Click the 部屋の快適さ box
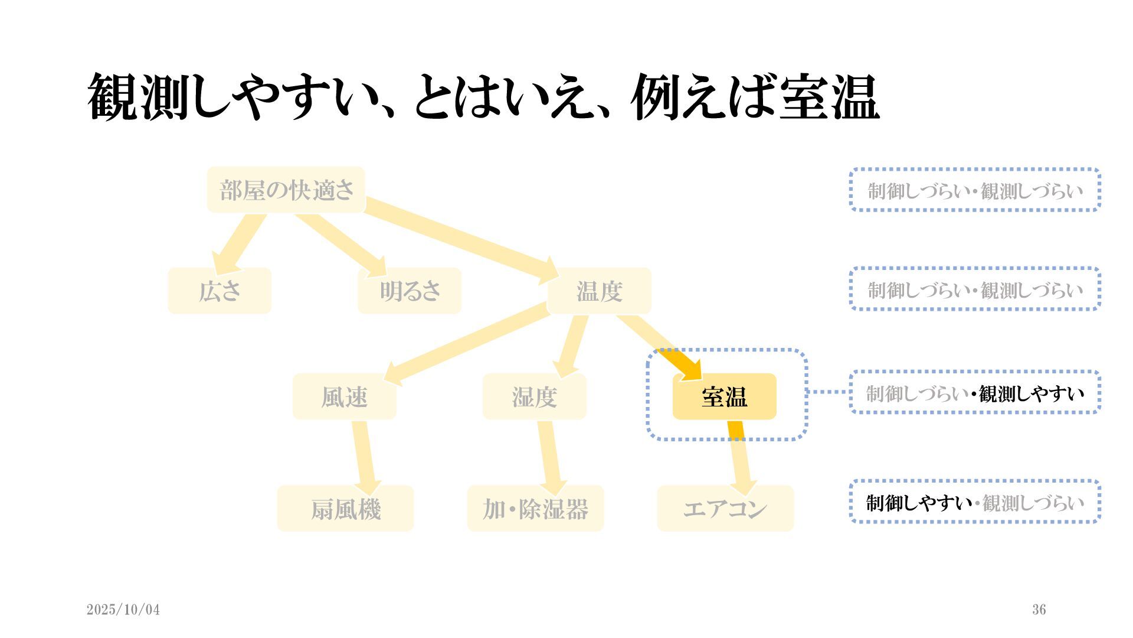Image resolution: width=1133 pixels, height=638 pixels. [286, 190]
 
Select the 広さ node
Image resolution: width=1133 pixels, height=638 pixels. [220, 291]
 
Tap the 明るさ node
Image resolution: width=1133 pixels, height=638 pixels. [410, 291]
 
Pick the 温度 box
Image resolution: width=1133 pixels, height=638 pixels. [599, 291]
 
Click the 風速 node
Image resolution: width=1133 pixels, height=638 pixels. [344, 396]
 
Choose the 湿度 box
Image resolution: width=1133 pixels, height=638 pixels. [534, 396]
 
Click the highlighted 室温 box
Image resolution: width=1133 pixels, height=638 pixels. [724, 396]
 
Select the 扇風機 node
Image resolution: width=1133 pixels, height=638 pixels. [345, 509]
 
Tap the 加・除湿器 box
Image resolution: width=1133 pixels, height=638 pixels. [535, 509]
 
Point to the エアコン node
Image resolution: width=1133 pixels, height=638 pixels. [725, 509]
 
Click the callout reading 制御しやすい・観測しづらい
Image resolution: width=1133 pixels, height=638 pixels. [975, 502]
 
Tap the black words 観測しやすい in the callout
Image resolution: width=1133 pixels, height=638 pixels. [1031, 393]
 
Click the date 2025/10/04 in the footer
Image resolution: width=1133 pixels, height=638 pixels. [123, 610]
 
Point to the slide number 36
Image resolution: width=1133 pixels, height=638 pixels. [1039, 610]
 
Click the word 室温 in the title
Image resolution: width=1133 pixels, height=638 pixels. [829, 97]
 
